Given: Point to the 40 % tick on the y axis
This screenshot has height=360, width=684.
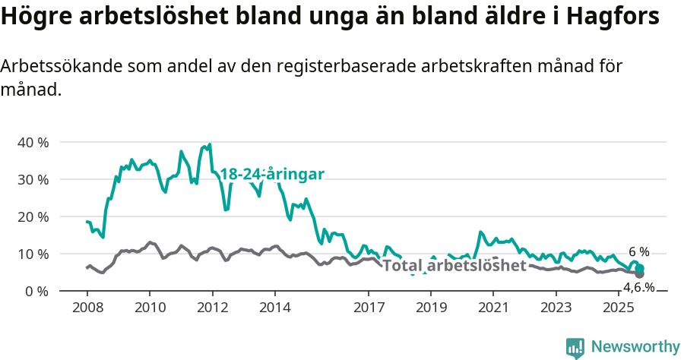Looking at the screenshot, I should [33, 142].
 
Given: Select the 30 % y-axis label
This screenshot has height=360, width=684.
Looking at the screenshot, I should [33, 179].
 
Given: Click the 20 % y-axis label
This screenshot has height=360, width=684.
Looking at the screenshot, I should [33, 216].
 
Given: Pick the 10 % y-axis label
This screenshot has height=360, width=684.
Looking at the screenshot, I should [33, 254].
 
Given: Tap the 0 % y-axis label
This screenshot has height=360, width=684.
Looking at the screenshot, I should [36, 291].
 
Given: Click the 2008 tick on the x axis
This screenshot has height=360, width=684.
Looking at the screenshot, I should [87, 307].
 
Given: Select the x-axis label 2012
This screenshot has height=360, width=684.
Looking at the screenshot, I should [212, 307].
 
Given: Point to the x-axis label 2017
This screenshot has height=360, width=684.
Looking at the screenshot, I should [369, 307].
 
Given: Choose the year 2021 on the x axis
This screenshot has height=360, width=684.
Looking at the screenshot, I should [493, 307].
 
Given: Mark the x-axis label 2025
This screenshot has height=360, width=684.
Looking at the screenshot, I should [619, 307].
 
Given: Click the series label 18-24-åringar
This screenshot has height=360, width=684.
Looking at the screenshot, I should [272, 175].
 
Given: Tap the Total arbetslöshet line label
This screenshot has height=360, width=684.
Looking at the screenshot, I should [454, 266].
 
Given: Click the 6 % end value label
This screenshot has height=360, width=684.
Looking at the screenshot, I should [639, 252].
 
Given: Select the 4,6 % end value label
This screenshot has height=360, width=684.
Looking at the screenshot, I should [638, 287].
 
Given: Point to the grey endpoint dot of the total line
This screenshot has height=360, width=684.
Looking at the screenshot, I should [640, 274].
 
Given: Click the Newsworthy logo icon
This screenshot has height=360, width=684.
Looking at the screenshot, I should [575, 347].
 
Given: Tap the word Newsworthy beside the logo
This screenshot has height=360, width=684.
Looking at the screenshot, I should [635, 347].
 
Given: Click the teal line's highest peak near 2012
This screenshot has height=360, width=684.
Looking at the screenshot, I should [210, 144].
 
